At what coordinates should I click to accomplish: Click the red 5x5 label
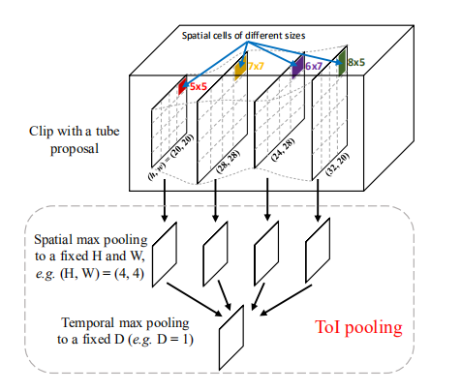click(200, 85)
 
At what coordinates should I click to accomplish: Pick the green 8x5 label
click(356, 62)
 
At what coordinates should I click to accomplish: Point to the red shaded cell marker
click(181, 88)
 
